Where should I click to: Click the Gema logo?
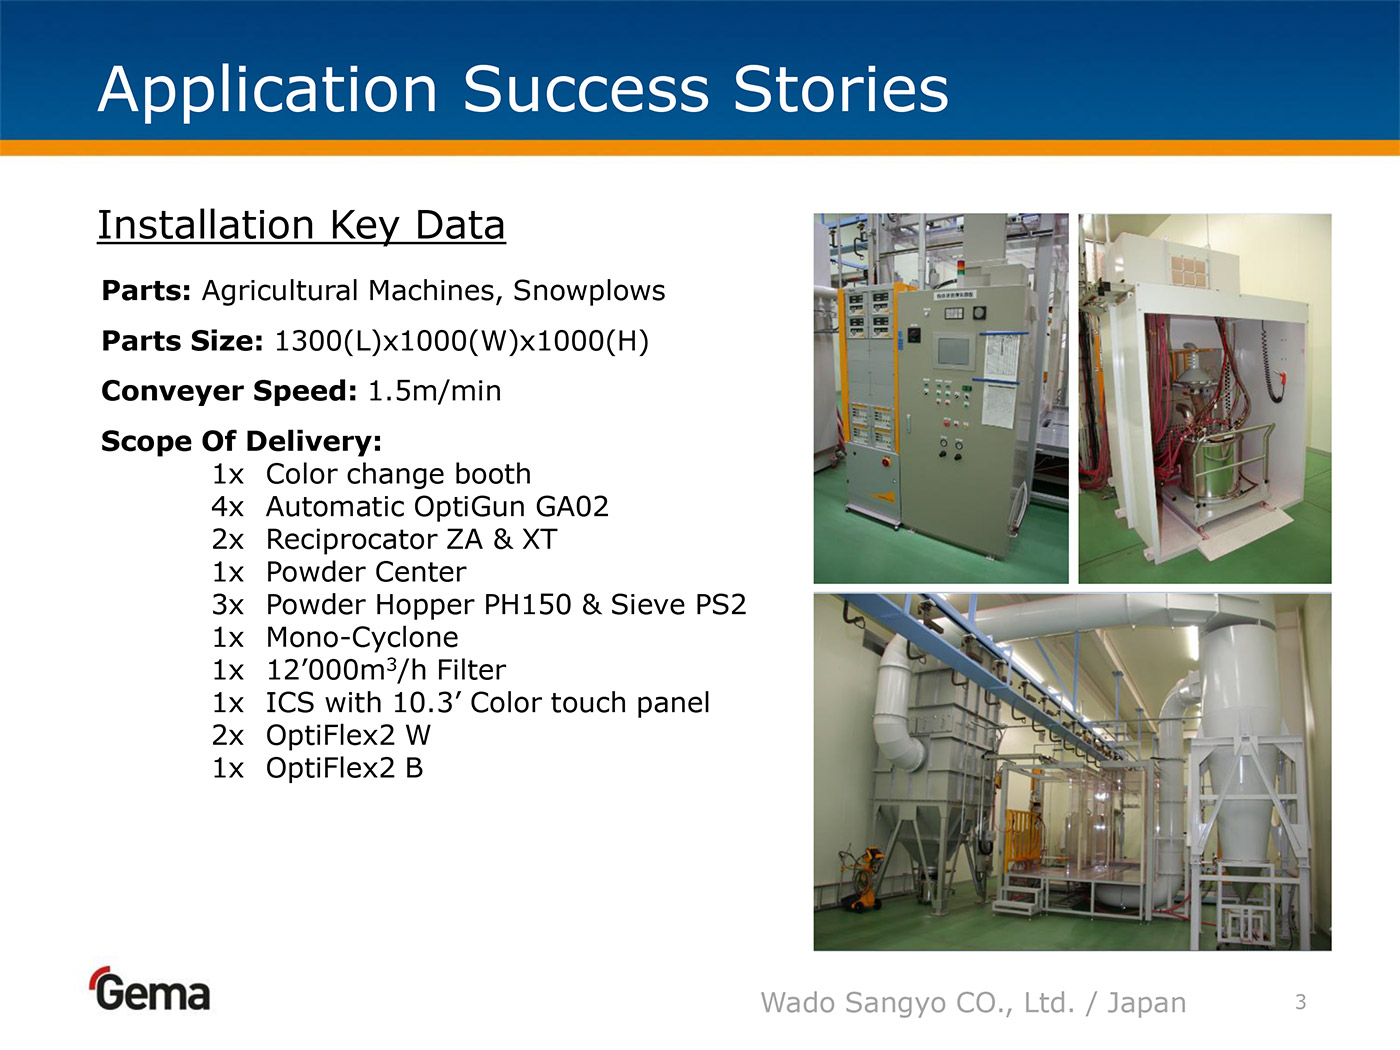click(x=150, y=989)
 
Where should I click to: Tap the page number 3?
click(x=1301, y=1002)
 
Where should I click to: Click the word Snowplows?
click(x=589, y=291)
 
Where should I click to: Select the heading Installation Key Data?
click(x=301, y=226)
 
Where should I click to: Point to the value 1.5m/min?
click(x=435, y=391)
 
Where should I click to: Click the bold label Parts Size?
click(x=182, y=341)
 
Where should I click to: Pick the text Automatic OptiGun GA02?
click(x=437, y=507)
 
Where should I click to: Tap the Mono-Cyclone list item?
click(x=362, y=638)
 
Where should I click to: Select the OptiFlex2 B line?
click(x=344, y=768)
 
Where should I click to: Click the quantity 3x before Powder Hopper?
click(x=228, y=605)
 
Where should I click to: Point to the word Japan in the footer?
click(x=1146, y=1003)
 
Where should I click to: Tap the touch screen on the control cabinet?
click(x=954, y=352)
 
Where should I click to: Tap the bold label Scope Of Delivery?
click(x=241, y=441)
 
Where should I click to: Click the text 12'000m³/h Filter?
click(x=386, y=670)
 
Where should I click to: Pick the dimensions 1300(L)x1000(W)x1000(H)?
click(x=462, y=341)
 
